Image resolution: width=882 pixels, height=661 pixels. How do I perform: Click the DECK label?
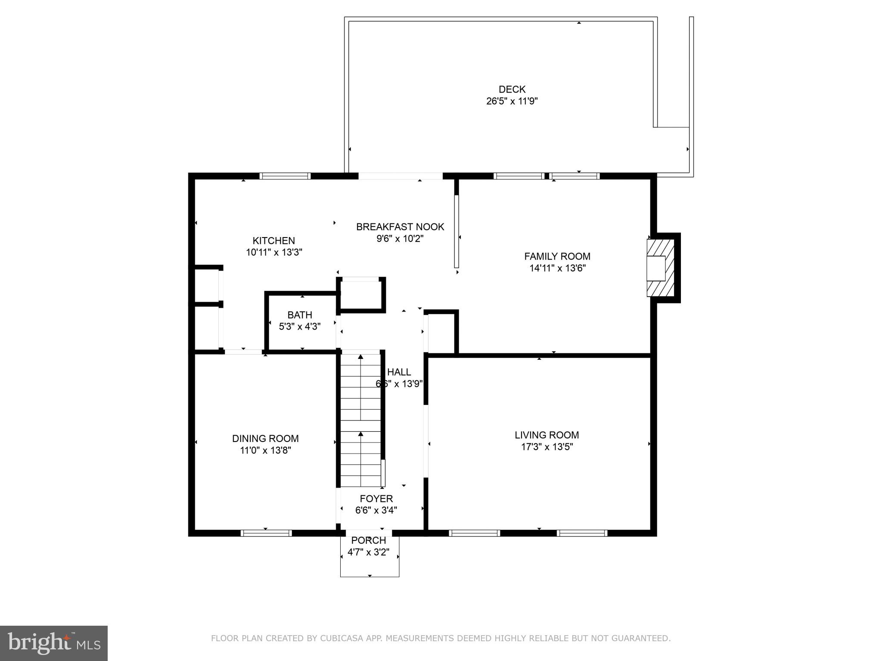click(x=512, y=90)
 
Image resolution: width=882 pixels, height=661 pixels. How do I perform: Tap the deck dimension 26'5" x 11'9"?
click(x=512, y=101)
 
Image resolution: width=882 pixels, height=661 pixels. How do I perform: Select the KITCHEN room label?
click(x=274, y=241)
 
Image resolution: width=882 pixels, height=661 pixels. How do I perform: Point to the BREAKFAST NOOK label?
click(x=400, y=227)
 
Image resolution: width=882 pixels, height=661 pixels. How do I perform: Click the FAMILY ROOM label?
click(x=557, y=256)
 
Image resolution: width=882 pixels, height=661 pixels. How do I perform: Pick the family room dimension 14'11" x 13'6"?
click(x=557, y=268)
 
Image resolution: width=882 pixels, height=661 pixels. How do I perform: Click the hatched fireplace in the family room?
click(x=660, y=268)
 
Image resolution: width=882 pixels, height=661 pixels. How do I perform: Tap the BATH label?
click(x=300, y=315)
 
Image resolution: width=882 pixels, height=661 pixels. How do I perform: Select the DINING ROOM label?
click(x=265, y=439)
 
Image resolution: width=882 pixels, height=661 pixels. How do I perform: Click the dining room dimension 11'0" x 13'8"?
click(x=266, y=451)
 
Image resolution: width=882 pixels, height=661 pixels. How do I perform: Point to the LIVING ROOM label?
click(x=547, y=435)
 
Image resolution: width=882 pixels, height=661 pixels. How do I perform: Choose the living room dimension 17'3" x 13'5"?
click(x=547, y=447)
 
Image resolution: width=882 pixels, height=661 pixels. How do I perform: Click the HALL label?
click(x=399, y=372)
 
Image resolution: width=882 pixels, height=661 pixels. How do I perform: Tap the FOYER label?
click(x=376, y=499)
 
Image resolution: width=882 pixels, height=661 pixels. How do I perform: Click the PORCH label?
click(x=369, y=541)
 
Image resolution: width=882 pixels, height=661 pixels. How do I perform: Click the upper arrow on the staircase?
click(x=360, y=387)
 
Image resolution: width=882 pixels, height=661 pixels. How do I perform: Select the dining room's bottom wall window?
click(x=266, y=533)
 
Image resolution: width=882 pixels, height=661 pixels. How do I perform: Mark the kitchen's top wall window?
click(x=285, y=176)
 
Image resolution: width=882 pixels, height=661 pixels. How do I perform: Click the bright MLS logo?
click(x=54, y=643)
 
